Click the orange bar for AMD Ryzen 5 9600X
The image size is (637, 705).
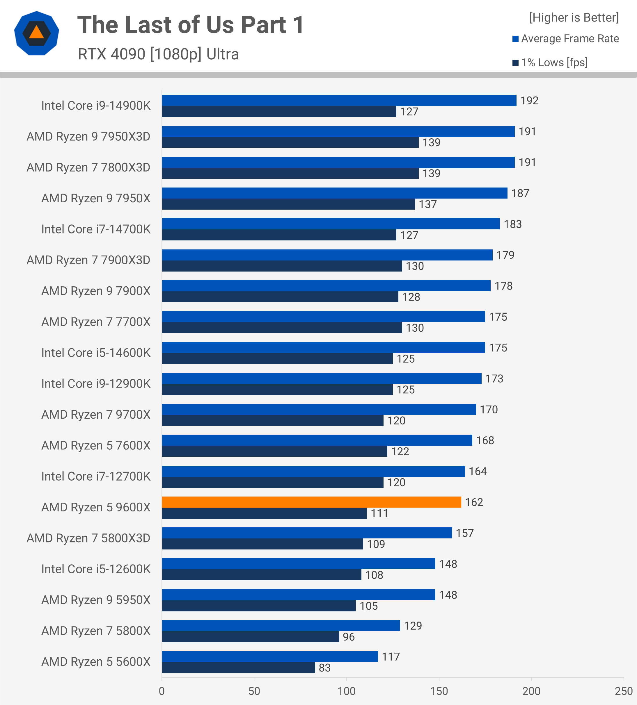coord(311,502)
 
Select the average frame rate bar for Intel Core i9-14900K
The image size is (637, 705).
coord(339,100)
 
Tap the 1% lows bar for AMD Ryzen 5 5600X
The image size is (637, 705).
coord(238,667)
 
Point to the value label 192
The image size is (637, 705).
coord(529,101)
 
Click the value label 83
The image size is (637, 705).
coord(324,668)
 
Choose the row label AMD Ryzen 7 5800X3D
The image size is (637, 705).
coord(88,538)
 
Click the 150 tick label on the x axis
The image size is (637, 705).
coord(439,691)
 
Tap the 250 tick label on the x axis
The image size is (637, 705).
coord(624,691)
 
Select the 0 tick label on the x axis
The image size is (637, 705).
coord(162,691)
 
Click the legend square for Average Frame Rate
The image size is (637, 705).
coord(515,39)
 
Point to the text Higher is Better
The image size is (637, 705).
coord(574,18)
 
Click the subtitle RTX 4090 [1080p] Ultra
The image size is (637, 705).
coord(158,54)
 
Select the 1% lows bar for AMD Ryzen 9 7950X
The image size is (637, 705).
coord(288,204)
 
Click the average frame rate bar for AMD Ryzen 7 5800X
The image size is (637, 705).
coord(281,626)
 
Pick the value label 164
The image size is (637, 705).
coord(478,471)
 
